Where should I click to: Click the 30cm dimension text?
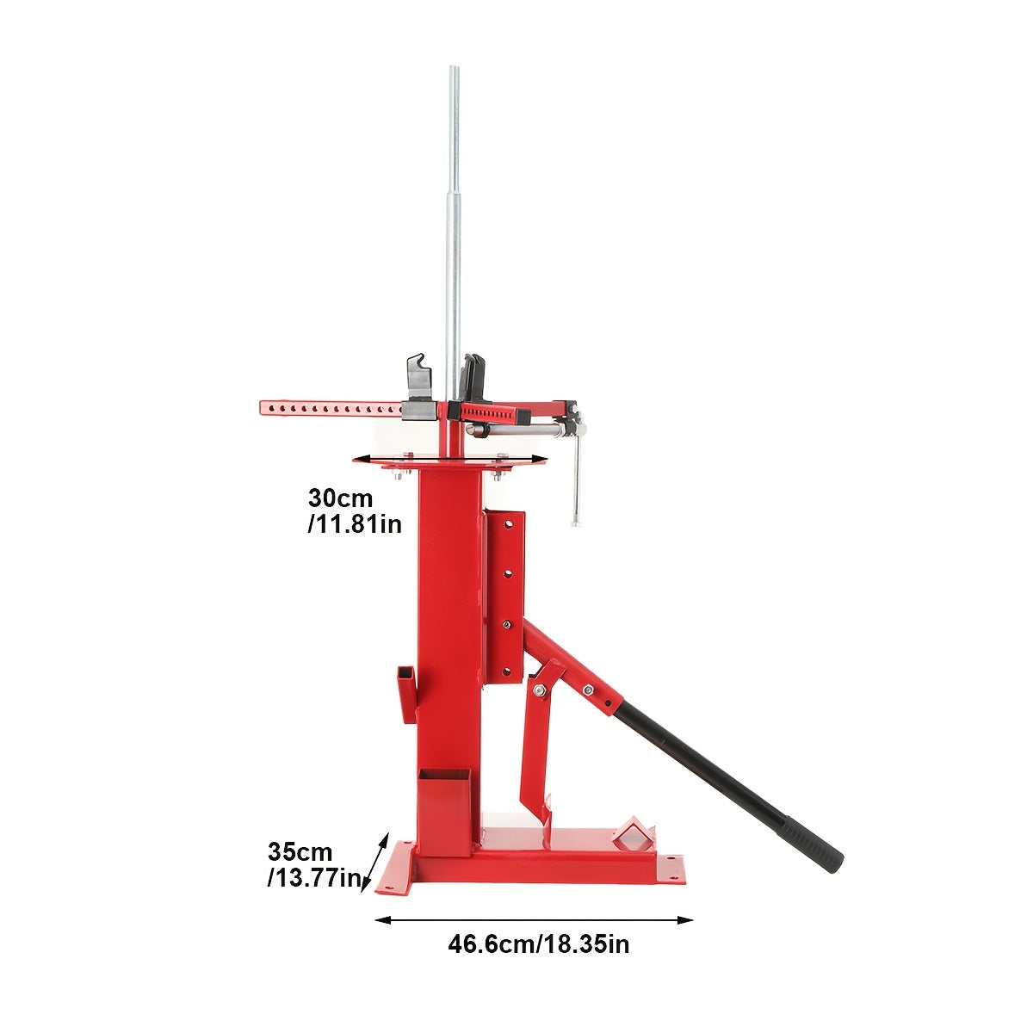click(x=340, y=498)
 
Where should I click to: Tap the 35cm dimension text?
click(x=300, y=852)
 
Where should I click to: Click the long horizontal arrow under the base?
click(x=534, y=920)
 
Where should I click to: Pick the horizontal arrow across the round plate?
click(x=450, y=459)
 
